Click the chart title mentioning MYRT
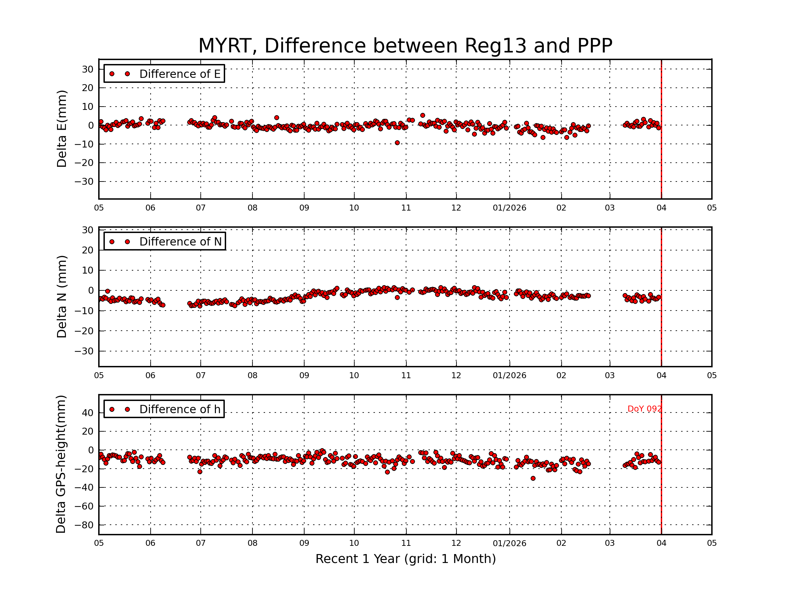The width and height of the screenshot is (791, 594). [405, 46]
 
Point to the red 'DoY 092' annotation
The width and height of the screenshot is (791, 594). [644, 409]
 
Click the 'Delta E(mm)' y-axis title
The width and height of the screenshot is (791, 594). [62, 129]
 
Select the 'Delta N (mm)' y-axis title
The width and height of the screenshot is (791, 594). [62, 296]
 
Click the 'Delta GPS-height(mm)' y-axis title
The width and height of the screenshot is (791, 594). [61, 464]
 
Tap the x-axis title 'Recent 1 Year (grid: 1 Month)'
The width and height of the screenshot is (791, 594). [405, 559]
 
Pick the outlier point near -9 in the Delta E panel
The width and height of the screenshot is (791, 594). [397, 143]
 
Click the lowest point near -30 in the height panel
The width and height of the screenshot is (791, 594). [533, 478]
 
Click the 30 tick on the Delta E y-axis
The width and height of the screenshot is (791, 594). [87, 69]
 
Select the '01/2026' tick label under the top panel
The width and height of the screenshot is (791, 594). [509, 208]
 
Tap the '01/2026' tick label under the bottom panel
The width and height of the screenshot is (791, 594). [509, 543]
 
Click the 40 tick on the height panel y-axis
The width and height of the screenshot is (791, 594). [87, 413]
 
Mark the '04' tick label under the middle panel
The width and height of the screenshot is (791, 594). [661, 376]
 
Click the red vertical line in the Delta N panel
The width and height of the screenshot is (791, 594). [661, 322]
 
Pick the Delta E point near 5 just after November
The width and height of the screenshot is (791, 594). [423, 115]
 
